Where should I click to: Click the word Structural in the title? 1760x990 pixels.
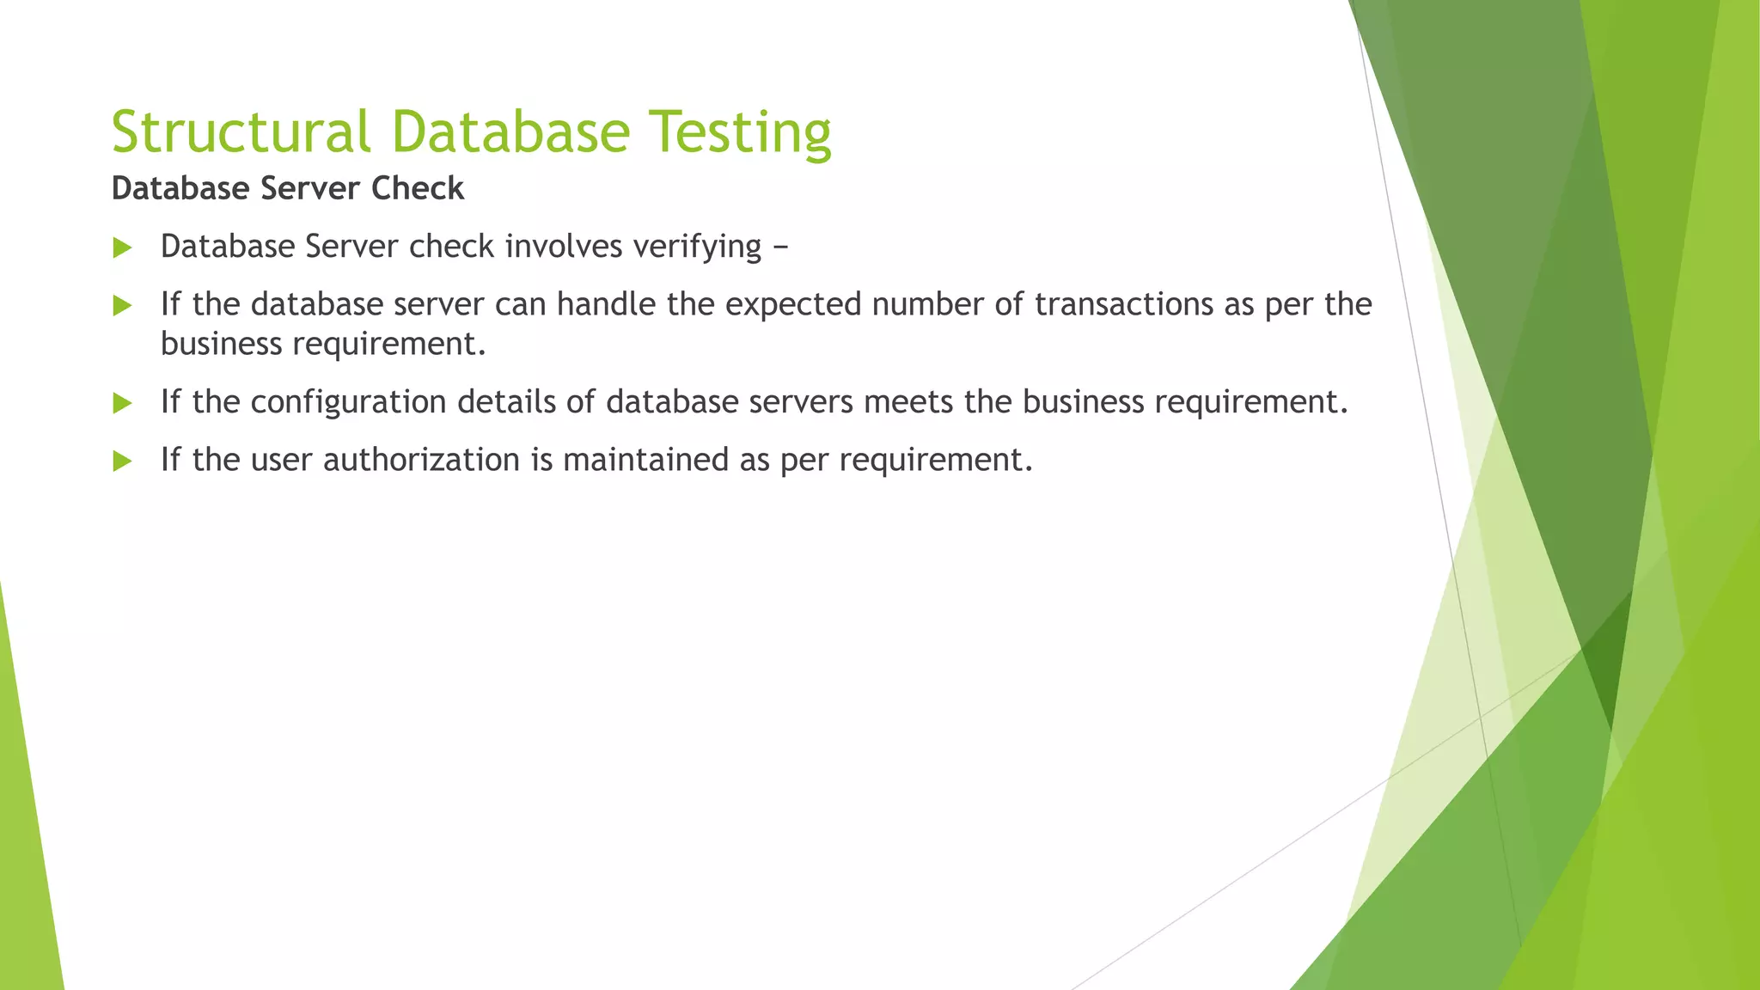pyautogui.click(x=241, y=132)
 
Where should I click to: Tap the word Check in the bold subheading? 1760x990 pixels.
pyautogui.click(x=418, y=188)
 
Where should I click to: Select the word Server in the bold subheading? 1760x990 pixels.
pyautogui.click(x=310, y=188)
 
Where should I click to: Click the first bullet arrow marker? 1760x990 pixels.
pyautogui.click(x=122, y=248)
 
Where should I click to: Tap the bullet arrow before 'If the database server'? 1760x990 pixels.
pyautogui.click(x=122, y=306)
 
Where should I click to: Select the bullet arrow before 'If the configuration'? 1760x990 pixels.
pyautogui.click(x=122, y=403)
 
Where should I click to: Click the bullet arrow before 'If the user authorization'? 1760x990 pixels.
pyautogui.click(x=122, y=461)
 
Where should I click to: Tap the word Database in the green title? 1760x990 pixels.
pyautogui.click(x=510, y=132)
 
